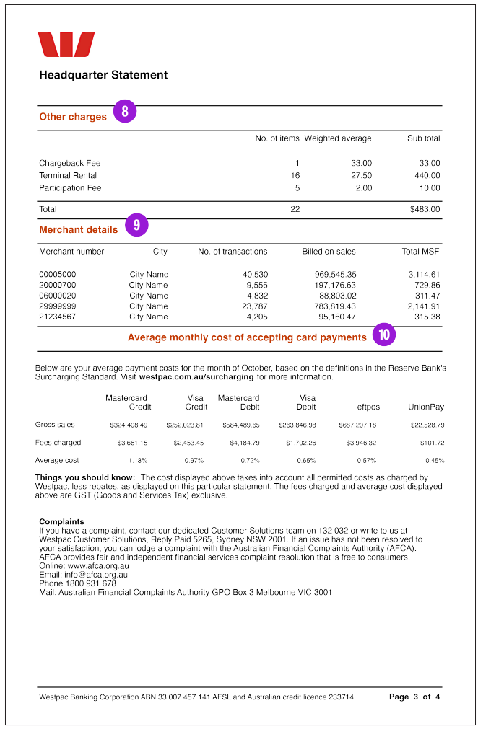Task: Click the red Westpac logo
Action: (x=66, y=45)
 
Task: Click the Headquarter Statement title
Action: (x=103, y=75)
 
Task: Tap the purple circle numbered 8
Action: (x=125, y=112)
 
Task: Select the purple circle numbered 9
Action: (x=136, y=225)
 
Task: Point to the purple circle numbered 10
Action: (x=384, y=335)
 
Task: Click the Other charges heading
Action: (x=73, y=117)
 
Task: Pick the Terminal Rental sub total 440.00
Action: (x=427, y=176)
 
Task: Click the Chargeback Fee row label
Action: (x=70, y=164)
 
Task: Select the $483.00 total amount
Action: (x=425, y=210)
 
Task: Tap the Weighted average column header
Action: (x=338, y=138)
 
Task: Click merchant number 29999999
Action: (x=57, y=306)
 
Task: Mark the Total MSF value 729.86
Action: (x=427, y=286)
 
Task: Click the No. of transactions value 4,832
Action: (x=257, y=296)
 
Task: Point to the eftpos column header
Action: (x=368, y=407)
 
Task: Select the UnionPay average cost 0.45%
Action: (x=435, y=461)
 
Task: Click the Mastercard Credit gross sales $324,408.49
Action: (x=129, y=425)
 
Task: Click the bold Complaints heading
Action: (x=61, y=522)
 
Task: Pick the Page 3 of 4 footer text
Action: (x=414, y=697)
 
